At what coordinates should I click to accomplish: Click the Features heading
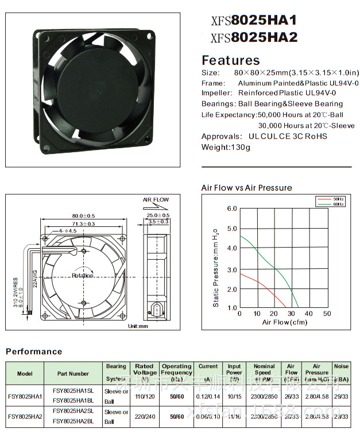(230, 60)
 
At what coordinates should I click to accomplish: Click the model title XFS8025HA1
(254, 21)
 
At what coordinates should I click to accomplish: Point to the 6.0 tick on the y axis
(231, 209)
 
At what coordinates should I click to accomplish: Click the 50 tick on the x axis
(327, 314)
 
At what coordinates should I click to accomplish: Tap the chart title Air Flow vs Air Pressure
(246, 188)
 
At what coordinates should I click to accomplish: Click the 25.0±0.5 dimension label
(158, 215)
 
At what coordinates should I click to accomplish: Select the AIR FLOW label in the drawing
(156, 200)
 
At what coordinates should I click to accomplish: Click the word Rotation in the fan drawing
(83, 276)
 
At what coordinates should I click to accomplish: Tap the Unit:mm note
(138, 326)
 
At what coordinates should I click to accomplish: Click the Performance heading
(34, 352)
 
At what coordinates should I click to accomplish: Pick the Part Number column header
(73, 373)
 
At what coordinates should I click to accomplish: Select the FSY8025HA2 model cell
(22, 416)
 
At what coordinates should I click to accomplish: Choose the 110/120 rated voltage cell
(144, 396)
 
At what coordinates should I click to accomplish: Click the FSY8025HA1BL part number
(73, 400)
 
